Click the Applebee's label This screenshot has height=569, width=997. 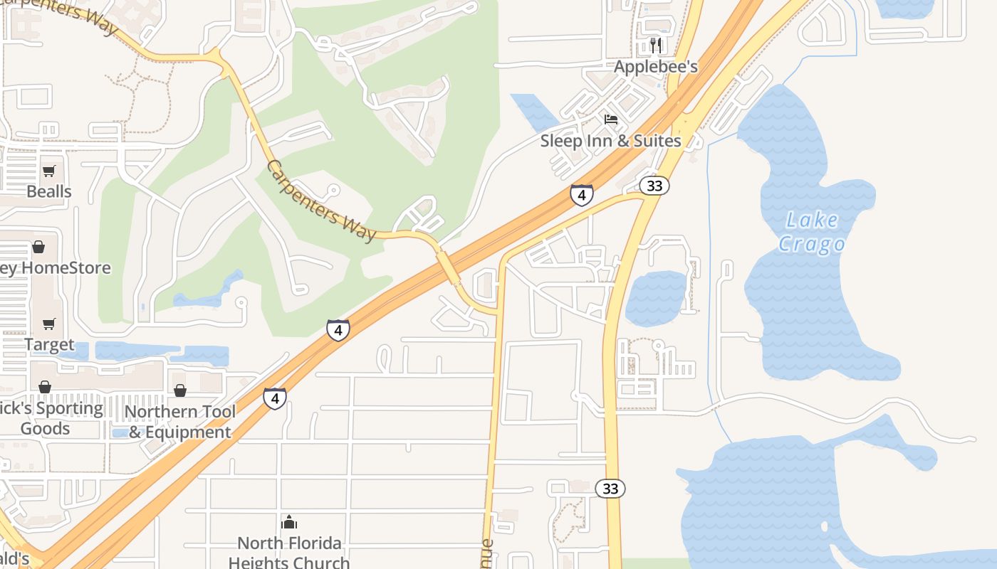pos(656,67)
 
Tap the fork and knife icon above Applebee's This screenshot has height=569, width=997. pos(656,46)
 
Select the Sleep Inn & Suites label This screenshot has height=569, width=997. pos(610,141)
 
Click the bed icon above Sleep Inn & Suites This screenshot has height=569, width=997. pos(610,119)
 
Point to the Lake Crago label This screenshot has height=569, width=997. pos(812,233)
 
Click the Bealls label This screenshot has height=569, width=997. pos(49,191)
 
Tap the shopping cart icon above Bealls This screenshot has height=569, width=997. pos(49,171)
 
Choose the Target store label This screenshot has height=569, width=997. pos(49,345)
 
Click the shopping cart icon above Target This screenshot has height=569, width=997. pos(49,324)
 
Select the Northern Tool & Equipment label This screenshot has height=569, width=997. pos(180,422)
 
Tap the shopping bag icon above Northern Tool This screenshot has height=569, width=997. pos(180,390)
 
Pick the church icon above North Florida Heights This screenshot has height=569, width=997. pos(289,523)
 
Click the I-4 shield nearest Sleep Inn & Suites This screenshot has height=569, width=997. pos(582,195)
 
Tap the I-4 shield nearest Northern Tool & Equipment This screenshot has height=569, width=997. pos(275,398)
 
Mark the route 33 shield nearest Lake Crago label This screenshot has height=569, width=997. pos(654,186)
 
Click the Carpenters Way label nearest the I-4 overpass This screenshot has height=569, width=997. pos(321,201)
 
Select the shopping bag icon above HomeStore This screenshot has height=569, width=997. pos(38,247)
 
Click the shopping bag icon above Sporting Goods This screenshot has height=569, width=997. pos(45,387)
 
